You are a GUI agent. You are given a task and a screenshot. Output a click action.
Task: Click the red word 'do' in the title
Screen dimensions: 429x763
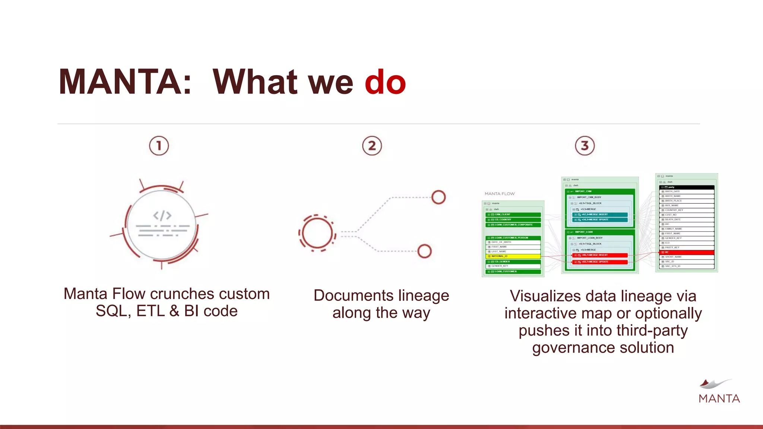pos(385,82)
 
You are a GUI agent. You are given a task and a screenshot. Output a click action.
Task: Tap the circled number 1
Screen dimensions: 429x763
pos(159,146)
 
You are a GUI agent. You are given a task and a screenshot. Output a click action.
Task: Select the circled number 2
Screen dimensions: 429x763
pos(372,146)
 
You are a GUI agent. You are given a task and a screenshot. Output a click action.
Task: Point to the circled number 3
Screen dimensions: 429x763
pos(585,146)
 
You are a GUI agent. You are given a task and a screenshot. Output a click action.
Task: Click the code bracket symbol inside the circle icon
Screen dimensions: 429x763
pos(162,215)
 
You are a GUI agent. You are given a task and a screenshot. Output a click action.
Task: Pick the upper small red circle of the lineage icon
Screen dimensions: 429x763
pos(439,197)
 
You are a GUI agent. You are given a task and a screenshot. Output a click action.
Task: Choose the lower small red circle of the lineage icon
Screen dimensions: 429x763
pos(424,251)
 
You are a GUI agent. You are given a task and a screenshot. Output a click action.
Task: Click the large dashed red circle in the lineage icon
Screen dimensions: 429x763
pos(317,233)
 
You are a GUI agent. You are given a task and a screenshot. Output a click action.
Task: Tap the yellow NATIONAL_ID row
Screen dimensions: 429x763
pos(513,256)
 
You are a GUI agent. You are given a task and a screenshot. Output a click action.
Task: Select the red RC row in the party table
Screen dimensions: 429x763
pos(686,252)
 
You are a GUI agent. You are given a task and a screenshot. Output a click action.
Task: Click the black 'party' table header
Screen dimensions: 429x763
pos(686,187)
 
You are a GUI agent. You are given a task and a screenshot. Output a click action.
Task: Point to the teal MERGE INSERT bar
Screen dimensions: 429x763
pos(599,214)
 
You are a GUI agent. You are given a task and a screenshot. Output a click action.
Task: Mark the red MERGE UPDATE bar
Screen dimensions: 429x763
pos(599,262)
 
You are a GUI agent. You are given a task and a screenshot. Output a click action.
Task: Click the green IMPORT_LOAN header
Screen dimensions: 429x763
pos(599,232)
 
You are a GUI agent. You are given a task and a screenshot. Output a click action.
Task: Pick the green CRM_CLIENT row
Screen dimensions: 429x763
pos(513,214)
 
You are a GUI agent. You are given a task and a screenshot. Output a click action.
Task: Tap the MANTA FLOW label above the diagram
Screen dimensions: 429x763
pos(499,194)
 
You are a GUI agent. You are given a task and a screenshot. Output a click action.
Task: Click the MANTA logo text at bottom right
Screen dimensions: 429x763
pos(719,398)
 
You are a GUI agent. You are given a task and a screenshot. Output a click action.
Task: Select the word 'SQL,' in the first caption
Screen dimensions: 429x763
pos(113,311)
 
